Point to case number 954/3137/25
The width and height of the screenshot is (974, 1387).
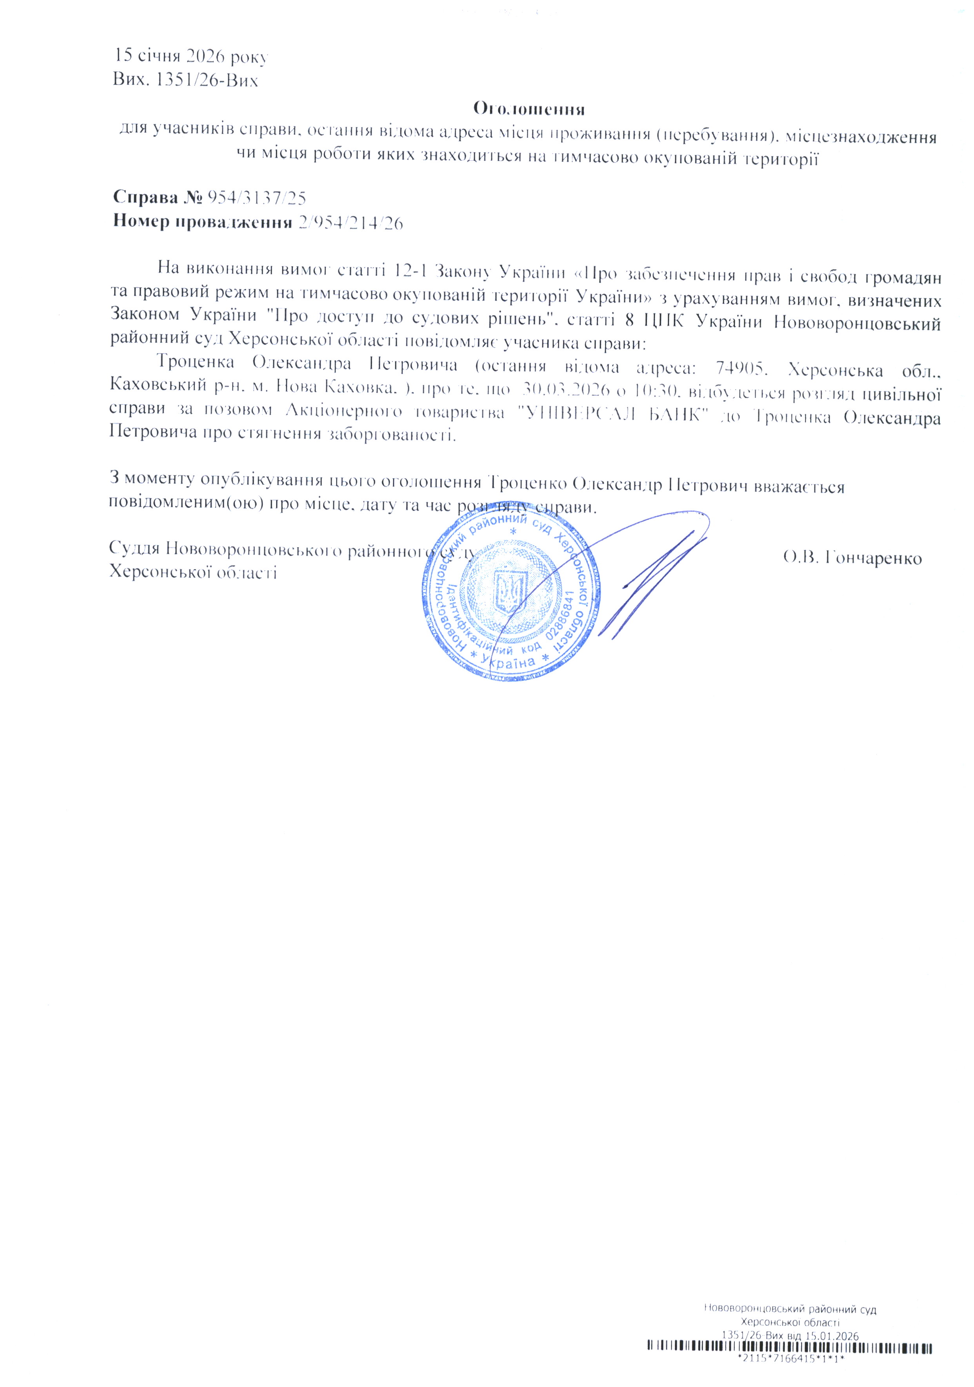(x=257, y=198)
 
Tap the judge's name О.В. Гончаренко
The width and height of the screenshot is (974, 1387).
(x=852, y=558)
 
